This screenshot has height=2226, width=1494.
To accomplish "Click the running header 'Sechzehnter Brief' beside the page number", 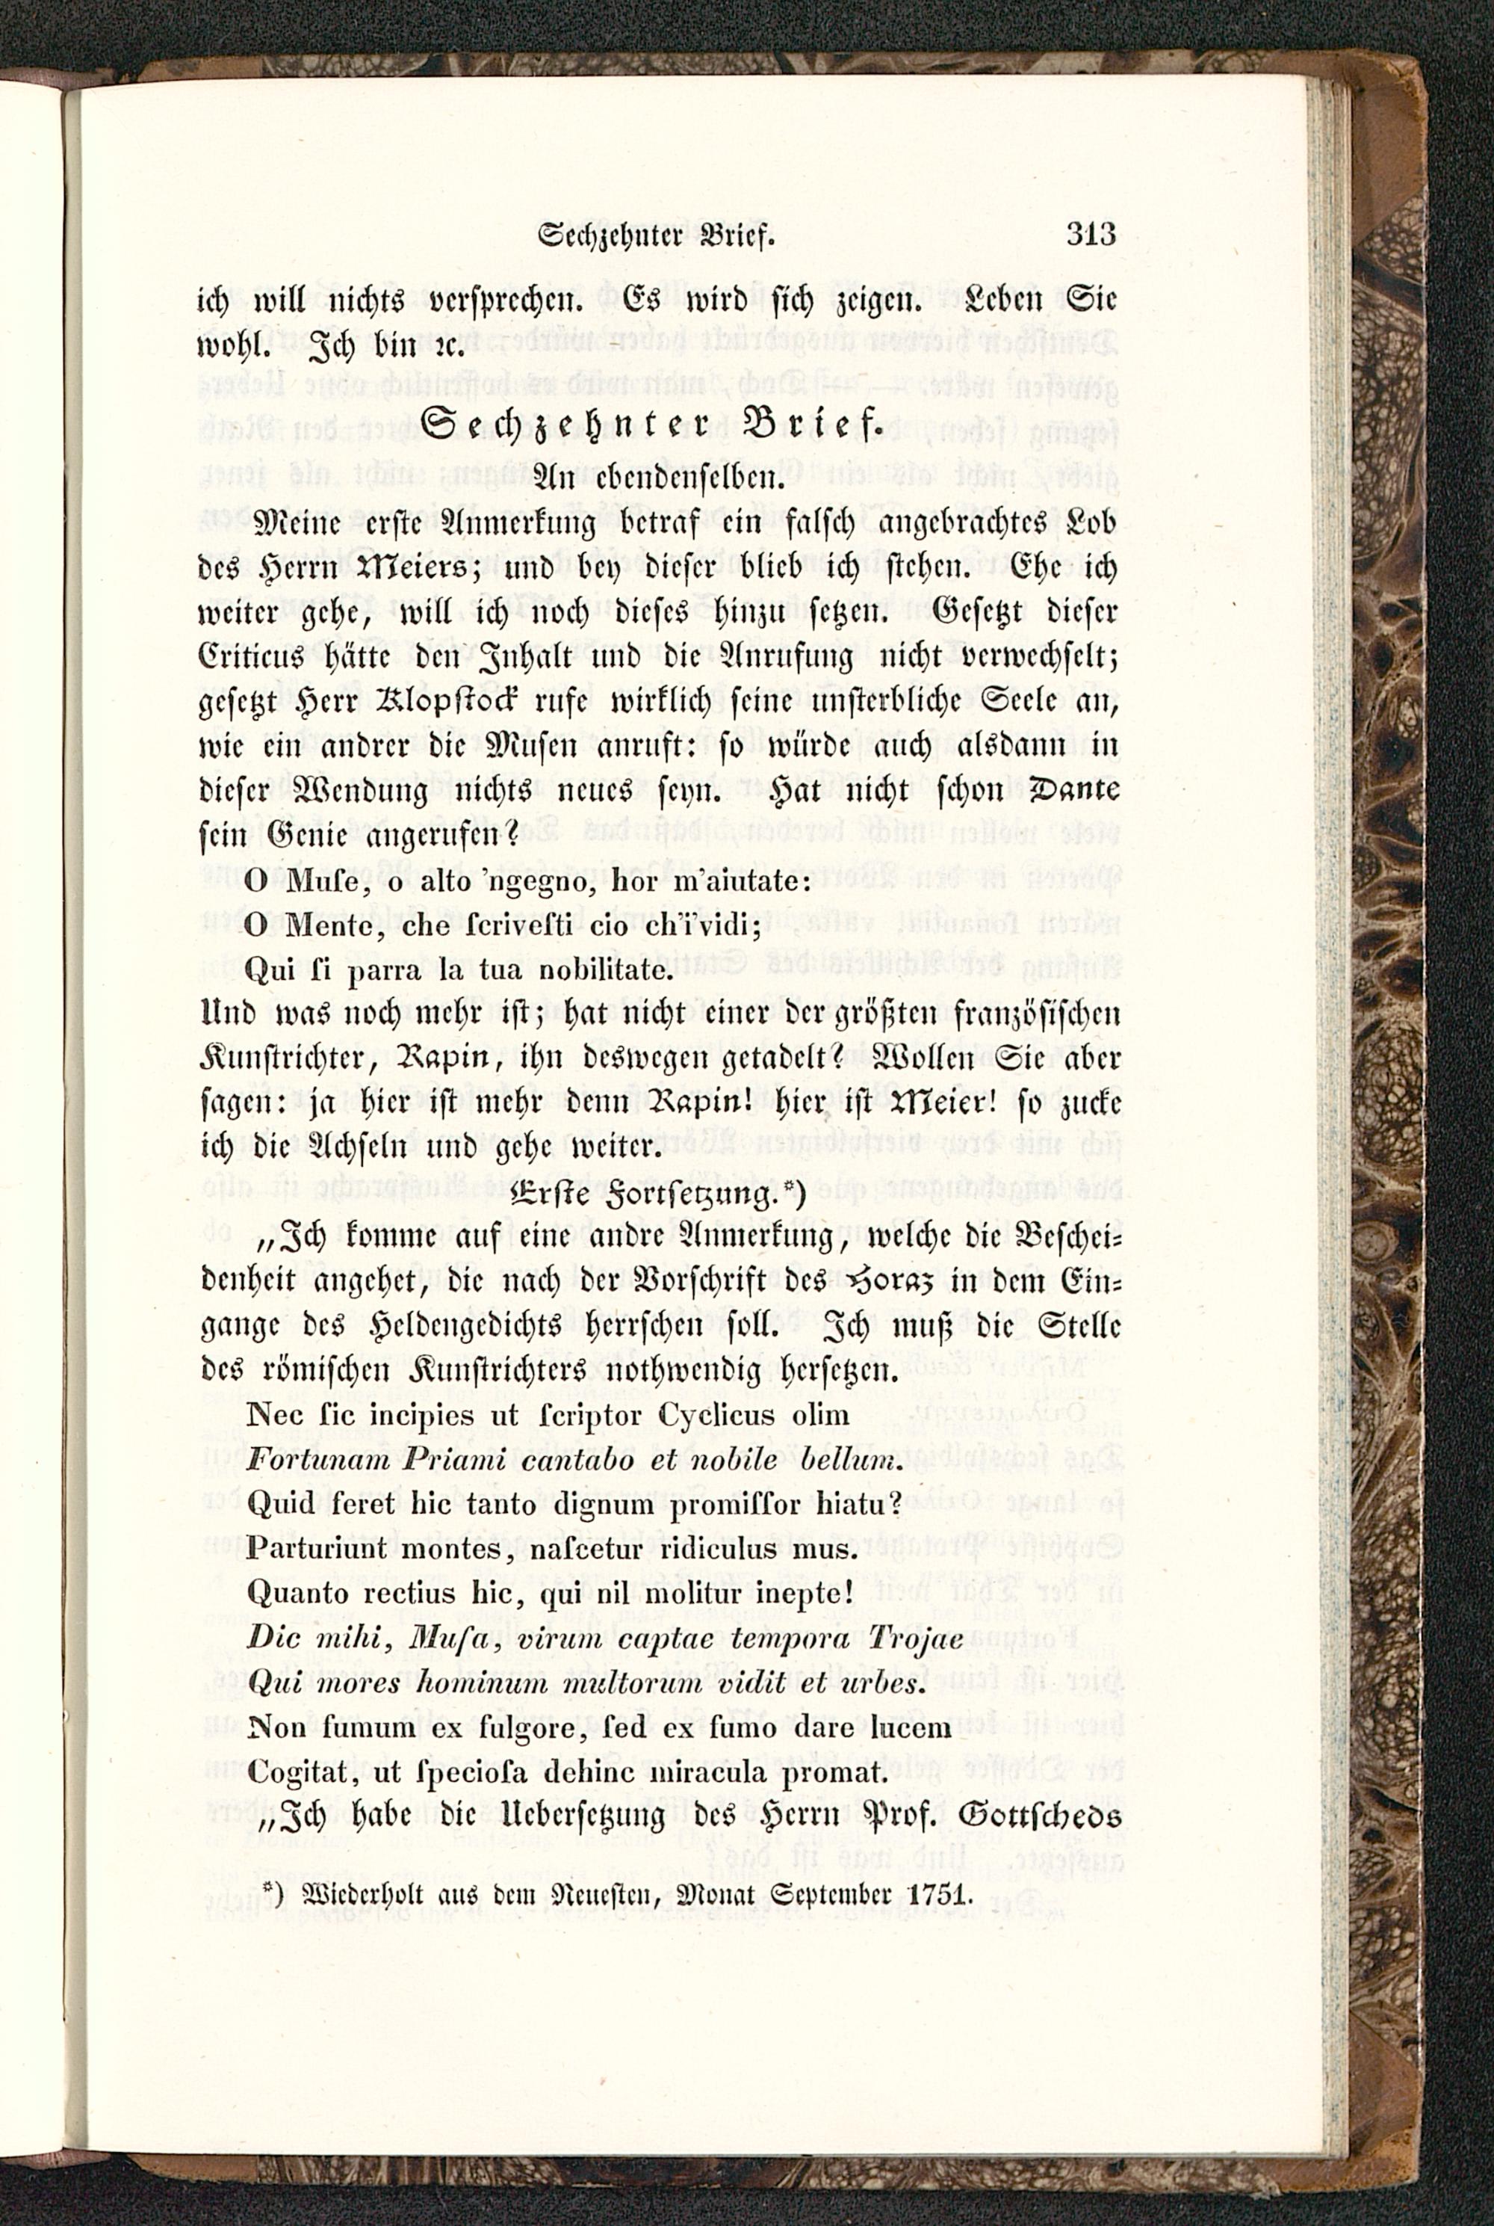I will pos(657,235).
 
